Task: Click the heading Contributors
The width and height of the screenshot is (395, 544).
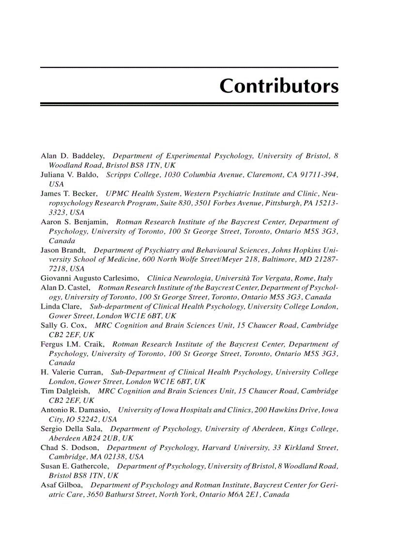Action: pyautogui.click(x=279, y=86)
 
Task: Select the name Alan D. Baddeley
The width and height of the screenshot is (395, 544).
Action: pyautogui.click(x=72, y=156)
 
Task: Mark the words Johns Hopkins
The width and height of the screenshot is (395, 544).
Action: pyautogui.click(x=295, y=250)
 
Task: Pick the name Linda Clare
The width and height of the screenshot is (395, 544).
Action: pyautogui.click(x=61, y=306)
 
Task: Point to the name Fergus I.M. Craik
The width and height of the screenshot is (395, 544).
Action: pyautogui.click(x=72, y=344)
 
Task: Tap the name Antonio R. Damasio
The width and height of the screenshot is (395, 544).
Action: pyautogui.click(x=75, y=410)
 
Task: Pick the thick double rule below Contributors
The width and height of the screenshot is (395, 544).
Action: pyautogui.click(x=189, y=104)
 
